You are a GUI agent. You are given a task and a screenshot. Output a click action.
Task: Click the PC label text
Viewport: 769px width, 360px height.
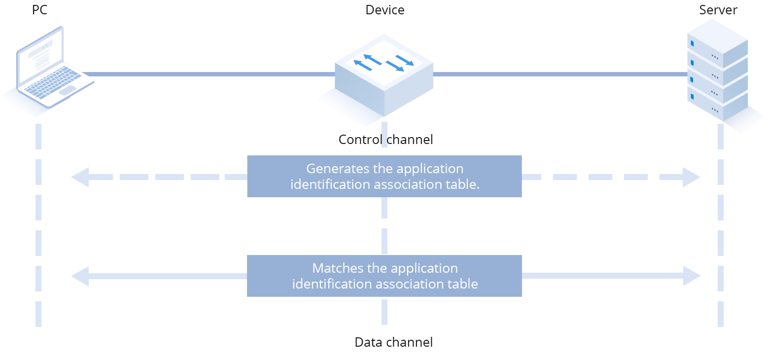click(x=39, y=10)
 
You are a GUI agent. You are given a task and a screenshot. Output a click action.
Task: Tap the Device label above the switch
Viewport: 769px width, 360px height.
click(x=384, y=10)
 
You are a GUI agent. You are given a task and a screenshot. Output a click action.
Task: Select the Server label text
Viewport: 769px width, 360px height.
click(x=718, y=10)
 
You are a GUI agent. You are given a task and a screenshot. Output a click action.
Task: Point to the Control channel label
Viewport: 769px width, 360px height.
click(x=385, y=140)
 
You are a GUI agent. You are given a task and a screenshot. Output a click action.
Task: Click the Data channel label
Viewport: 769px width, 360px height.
click(x=393, y=342)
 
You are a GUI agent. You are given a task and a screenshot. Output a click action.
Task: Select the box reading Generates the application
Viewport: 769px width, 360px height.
click(x=384, y=177)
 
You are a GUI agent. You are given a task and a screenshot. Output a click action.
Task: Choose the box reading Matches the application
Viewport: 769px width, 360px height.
click(x=384, y=276)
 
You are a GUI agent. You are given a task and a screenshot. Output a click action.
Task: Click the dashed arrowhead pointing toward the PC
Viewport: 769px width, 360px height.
click(x=80, y=177)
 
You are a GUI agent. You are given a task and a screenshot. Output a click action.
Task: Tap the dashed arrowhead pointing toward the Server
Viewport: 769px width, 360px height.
click(x=691, y=177)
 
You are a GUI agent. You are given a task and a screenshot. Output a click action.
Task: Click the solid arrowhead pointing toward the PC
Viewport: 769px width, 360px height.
click(x=80, y=276)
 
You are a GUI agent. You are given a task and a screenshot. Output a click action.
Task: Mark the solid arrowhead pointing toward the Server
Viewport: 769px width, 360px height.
click(x=691, y=276)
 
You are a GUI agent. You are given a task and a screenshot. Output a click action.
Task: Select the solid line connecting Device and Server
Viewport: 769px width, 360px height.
click(x=559, y=74)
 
